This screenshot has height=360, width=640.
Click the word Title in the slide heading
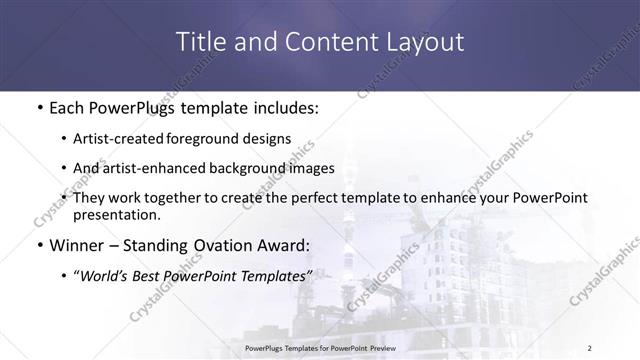[198, 42]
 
